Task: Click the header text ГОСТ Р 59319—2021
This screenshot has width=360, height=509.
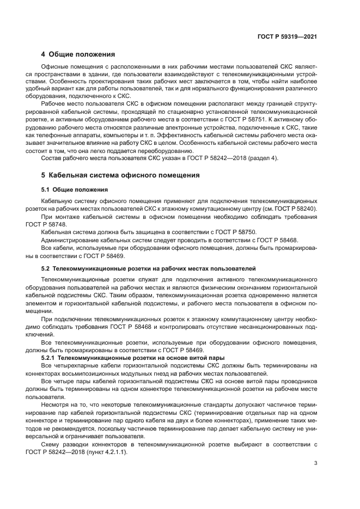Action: pos(287,36)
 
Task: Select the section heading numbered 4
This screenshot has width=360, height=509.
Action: pos(78,54)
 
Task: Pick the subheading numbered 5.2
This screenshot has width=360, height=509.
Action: pos(145,269)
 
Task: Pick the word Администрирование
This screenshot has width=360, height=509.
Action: pos(71,239)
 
